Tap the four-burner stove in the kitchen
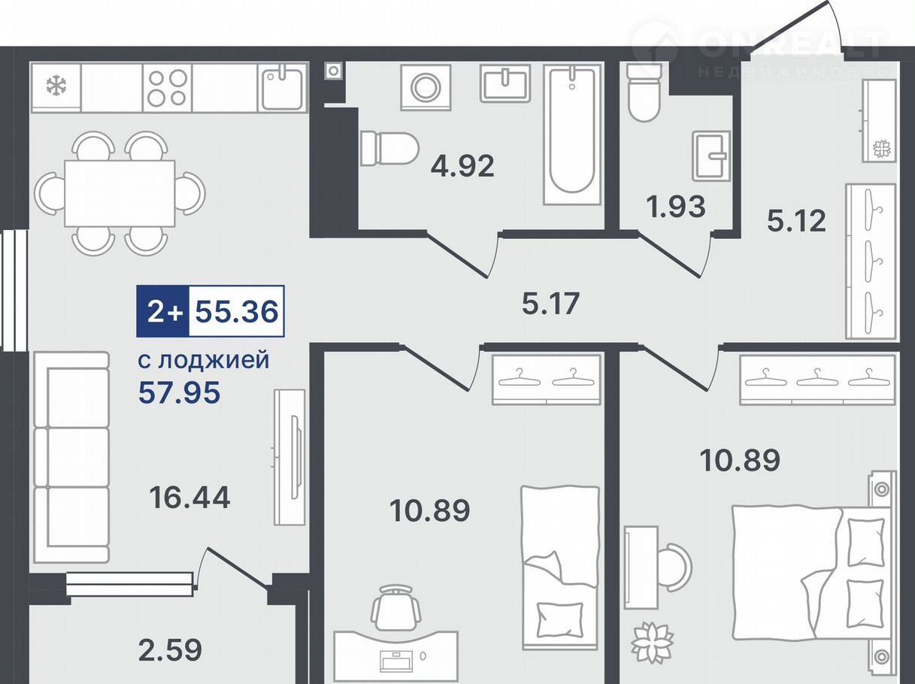(168, 87)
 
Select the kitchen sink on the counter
(283, 87)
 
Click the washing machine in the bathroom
(426, 87)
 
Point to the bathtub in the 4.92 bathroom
(573, 135)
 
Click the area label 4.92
(462, 166)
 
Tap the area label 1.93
(676, 207)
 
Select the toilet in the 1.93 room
(644, 92)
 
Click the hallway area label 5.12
(796, 220)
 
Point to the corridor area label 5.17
(550, 303)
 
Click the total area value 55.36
(237, 311)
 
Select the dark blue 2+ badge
(163, 311)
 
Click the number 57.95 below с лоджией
(179, 392)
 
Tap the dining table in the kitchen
(120, 194)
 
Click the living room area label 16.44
(189, 498)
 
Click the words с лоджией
(204, 359)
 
